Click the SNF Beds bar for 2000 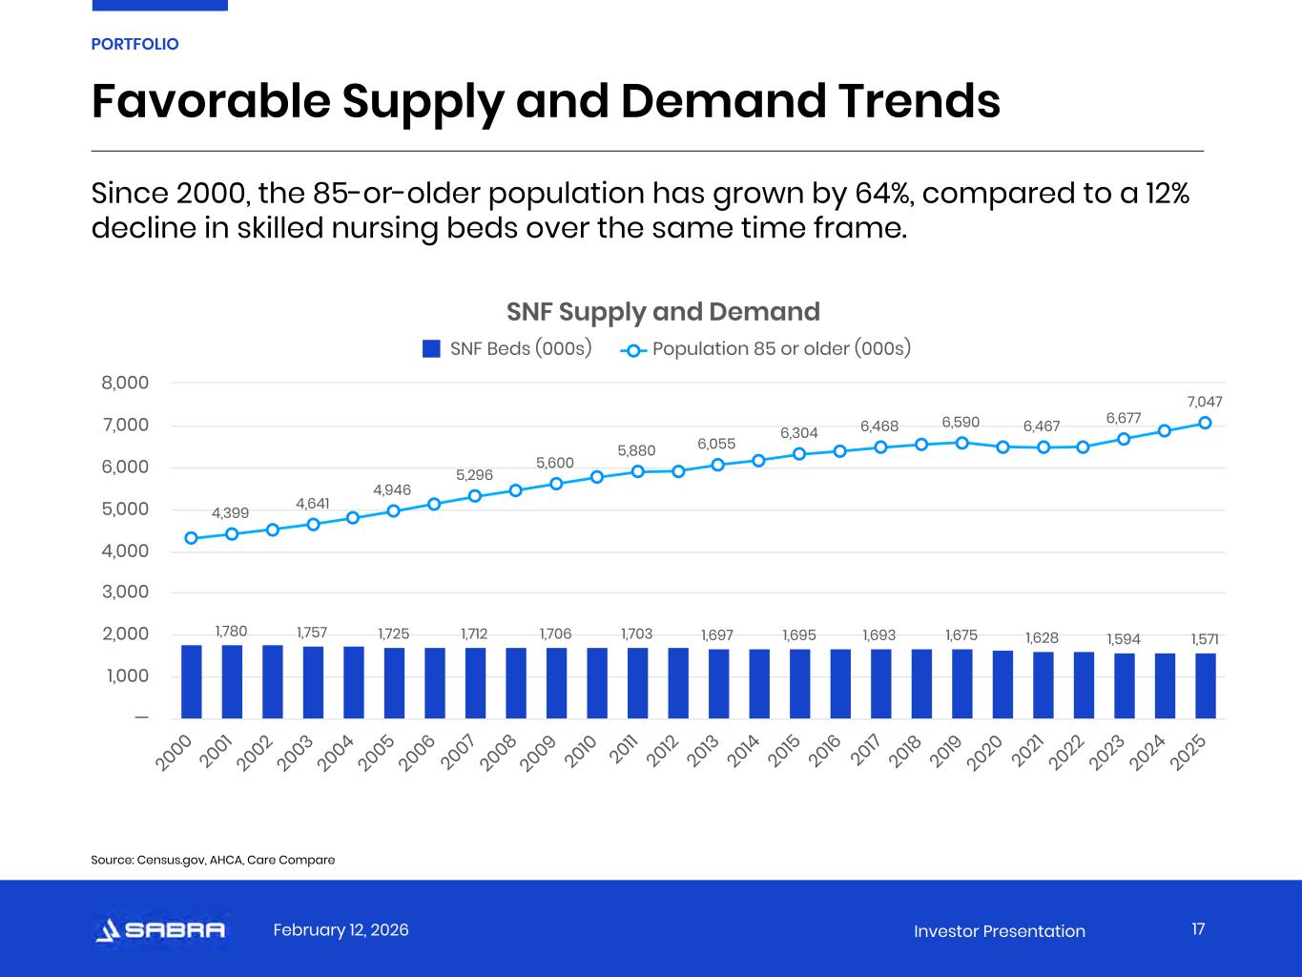(x=191, y=681)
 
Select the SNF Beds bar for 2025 (x=1205, y=685)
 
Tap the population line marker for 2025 (x=1205, y=423)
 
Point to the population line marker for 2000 (x=191, y=538)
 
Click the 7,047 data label (x=1205, y=402)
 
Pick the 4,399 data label (x=230, y=512)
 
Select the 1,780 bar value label (x=231, y=631)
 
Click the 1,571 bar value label (x=1205, y=638)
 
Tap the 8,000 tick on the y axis (x=125, y=383)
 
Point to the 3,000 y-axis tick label (x=125, y=592)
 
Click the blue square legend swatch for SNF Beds (x=431, y=348)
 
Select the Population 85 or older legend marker (x=633, y=349)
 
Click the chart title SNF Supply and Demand (x=663, y=312)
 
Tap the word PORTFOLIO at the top (x=134, y=44)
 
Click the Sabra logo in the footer (x=160, y=930)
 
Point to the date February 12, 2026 (x=341, y=929)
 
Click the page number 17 (x=1198, y=929)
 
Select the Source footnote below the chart (x=213, y=860)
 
